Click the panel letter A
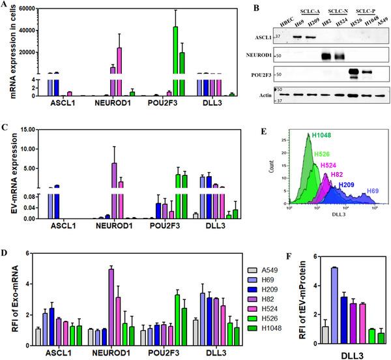pyautogui.click(x=6, y=6)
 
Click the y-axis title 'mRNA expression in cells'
pyautogui.click(x=7, y=52)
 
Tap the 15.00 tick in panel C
pyautogui.click(x=25, y=130)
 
